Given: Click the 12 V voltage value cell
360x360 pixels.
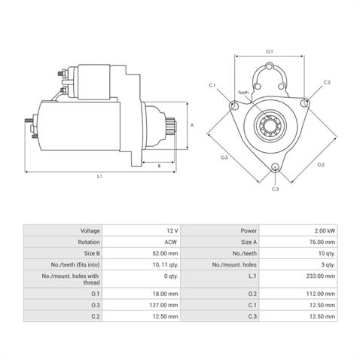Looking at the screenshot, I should [x=172, y=230].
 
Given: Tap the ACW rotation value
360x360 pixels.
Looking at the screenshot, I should [x=172, y=243].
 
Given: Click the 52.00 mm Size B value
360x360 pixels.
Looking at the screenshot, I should [x=166, y=255].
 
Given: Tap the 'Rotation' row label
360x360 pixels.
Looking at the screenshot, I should [x=88, y=243].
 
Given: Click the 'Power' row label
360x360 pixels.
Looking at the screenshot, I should [x=249, y=230].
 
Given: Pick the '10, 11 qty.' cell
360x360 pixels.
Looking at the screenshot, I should [x=166, y=265].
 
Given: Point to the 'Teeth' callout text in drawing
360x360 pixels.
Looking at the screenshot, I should [x=243, y=92].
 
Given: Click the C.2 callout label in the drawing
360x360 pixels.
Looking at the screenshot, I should [x=327, y=81].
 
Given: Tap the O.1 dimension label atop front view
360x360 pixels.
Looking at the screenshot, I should [x=270, y=51].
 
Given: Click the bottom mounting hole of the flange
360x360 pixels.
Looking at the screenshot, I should [x=275, y=167].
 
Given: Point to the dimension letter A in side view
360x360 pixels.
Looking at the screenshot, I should [x=192, y=125].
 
